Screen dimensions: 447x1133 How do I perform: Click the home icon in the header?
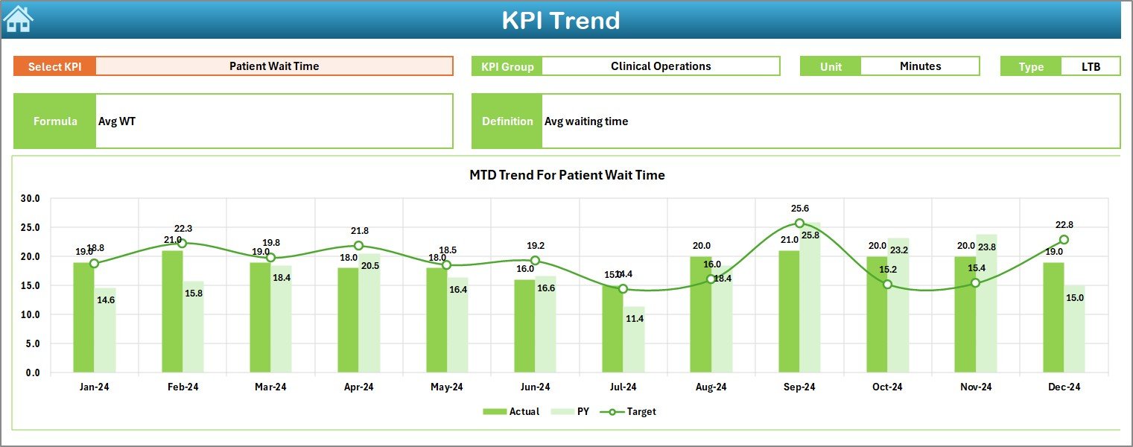click(19, 19)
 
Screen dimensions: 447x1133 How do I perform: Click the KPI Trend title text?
click(560, 20)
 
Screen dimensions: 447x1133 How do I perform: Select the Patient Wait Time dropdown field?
click(274, 66)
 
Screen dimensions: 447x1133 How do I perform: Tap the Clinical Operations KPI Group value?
click(661, 66)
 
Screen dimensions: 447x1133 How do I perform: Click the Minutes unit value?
click(920, 66)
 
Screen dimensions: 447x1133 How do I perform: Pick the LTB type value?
click(1091, 66)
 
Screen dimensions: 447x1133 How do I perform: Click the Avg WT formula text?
click(117, 121)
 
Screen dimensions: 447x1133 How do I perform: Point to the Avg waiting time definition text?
click(586, 121)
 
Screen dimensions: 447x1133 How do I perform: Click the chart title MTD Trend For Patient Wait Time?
click(567, 175)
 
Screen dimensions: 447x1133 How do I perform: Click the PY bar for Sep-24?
click(810, 298)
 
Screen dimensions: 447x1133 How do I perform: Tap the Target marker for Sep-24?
click(799, 223)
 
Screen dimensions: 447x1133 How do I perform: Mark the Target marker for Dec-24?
click(1064, 240)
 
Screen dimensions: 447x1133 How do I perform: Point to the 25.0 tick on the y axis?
click(31, 228)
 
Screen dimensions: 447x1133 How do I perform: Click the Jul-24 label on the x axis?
click(623, 387)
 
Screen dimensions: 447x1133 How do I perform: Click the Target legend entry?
click(632, 411)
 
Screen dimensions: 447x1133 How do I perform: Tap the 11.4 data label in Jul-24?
click(635, 319)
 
